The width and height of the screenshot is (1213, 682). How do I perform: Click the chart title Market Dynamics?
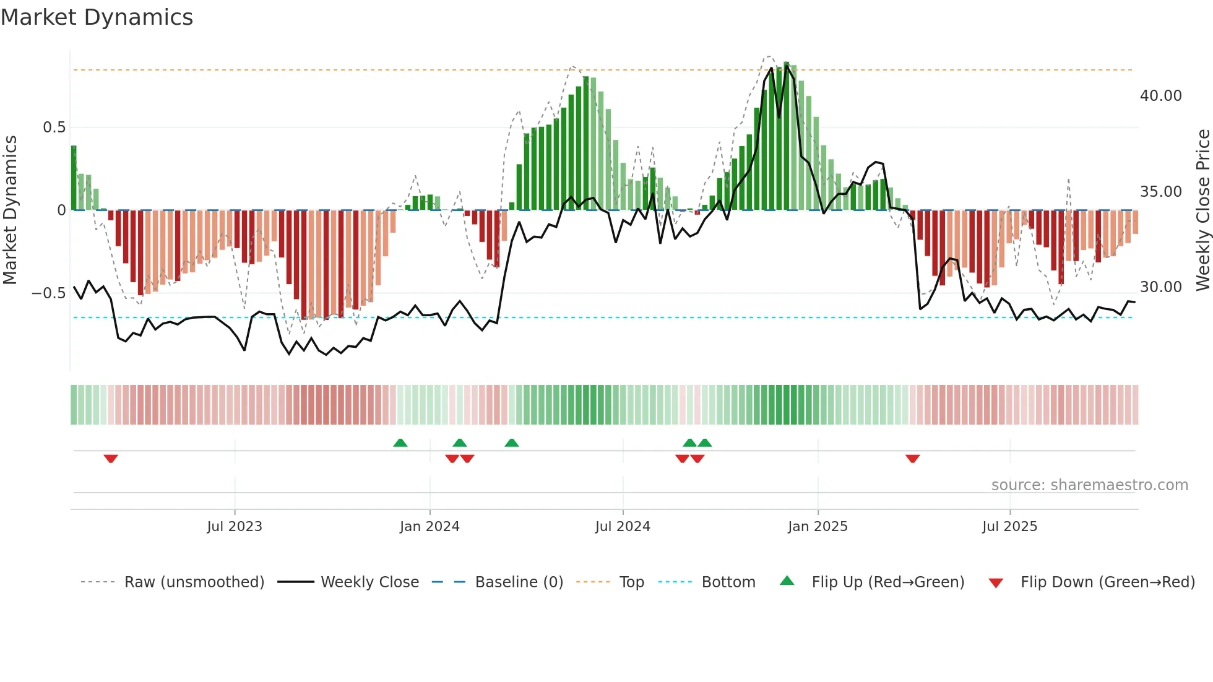(x=97, y=17)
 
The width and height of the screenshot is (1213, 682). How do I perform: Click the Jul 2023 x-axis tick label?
(x=235, y=527)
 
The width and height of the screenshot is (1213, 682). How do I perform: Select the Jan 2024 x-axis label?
(x=430, y=527)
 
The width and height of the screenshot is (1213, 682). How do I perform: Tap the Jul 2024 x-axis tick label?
(x=623, y=527)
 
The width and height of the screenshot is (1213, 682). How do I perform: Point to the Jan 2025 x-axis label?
(x=818, y=527)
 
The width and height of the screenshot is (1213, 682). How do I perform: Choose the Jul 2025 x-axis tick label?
(x=1009, y=527)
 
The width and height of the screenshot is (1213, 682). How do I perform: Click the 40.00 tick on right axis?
(x=1160, y=96)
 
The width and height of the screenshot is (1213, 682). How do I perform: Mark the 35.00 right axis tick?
(x=1160, y=192)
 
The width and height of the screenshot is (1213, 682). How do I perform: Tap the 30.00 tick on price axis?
(x=1160, y=287)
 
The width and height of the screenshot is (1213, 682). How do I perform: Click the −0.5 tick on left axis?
(x=49, y=293)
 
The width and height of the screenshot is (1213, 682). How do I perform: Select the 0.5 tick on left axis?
(x=54, y=127)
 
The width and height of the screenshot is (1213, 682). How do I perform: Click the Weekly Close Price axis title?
(x=1202, y=210)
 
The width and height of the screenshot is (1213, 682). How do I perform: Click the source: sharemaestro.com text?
(x=1089, y=485)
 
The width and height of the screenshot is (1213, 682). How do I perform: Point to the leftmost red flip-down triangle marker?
(x=111, y=459)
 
